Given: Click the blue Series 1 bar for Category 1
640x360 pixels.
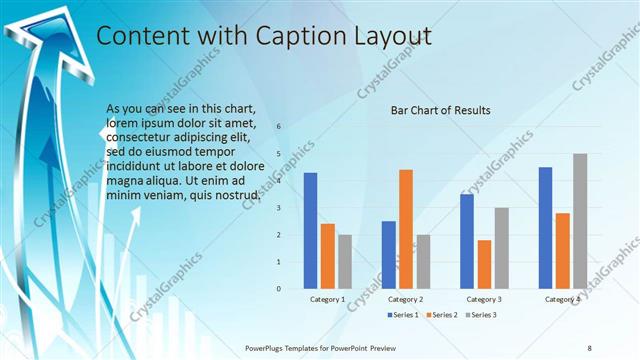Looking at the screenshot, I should coord(310,230).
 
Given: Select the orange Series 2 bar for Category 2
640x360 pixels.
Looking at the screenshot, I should coord(405,228).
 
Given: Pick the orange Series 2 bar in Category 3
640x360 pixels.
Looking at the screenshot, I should coord(484,264).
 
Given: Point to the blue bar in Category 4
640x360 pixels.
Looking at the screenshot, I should coord(545,227).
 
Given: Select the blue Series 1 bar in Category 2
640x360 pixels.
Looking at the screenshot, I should coord(388,254).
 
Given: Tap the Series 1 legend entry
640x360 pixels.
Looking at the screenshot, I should coord(403,315).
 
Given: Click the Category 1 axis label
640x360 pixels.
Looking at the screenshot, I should coord(327,299).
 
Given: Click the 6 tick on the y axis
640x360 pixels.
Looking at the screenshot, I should coord(279,127).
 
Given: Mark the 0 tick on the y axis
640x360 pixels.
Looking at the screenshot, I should coord(279,288).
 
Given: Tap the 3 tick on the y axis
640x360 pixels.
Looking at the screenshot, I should coord(279,208).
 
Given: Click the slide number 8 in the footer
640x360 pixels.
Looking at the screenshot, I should coord(589,348).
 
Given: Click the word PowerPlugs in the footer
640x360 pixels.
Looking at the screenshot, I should coord(268,348).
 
